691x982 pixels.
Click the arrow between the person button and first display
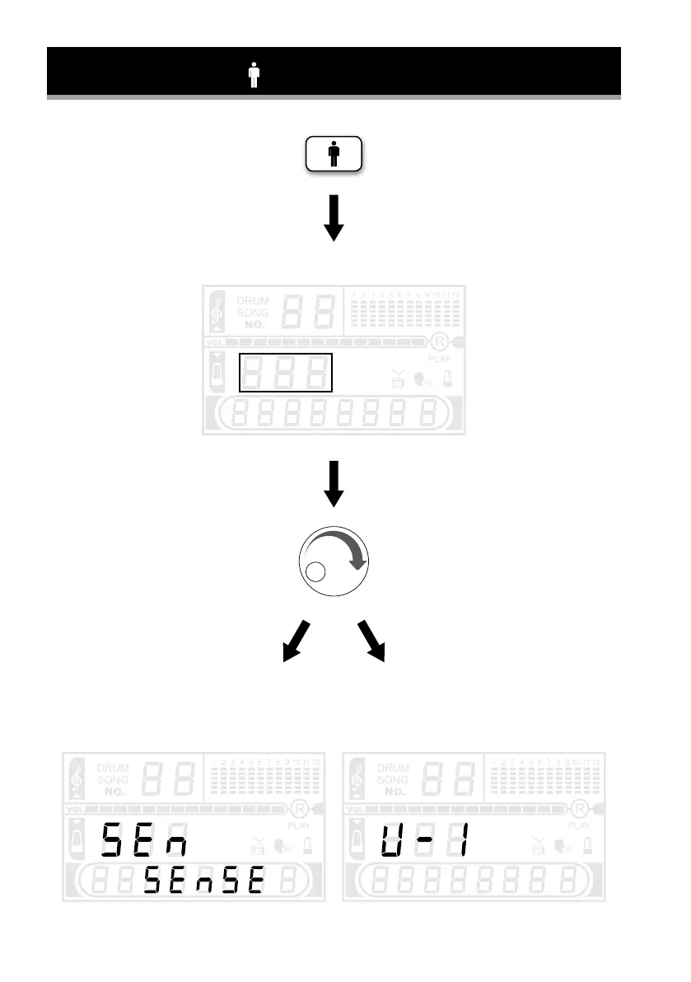coord(334,218)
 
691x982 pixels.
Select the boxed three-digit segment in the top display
coord(285,372)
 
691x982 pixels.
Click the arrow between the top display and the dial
coord(334,484)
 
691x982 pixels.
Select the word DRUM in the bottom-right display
coord(393,767)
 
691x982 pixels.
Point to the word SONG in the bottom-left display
coord(114,779)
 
